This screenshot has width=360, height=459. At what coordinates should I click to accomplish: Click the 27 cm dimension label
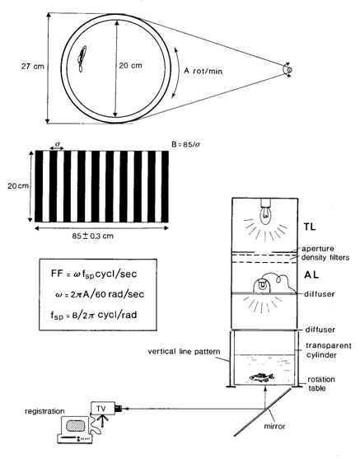(x=33, y=67)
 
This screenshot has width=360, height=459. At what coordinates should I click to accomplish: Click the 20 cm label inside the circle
(x=130, y=65)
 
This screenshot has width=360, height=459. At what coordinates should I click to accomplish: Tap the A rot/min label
(x=203, y=71)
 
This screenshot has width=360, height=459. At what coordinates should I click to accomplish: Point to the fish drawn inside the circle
(x=82, y=59)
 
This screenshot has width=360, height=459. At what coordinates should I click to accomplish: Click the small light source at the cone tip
(x=288, y=70)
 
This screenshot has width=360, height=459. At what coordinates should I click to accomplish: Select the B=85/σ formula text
(x=186, y=144)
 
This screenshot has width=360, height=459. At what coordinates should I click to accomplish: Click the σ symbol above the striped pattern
(x=57, y=144)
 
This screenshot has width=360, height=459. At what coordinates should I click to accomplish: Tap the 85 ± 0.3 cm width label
(x=93, y=236)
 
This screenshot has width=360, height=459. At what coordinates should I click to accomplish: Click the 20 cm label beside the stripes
(x=18, y=186)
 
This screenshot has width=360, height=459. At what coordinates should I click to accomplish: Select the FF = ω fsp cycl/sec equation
(x=94, y=274)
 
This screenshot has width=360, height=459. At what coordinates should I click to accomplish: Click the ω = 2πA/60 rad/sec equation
(x=100, y=294)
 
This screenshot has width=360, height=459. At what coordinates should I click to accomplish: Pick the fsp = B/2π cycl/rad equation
(x=93, y=315)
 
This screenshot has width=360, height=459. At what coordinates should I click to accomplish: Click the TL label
(x=310, y=227)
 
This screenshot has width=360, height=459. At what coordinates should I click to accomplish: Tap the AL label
(x=311, y=275)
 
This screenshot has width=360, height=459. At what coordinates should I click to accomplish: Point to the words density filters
(x=325, y=258)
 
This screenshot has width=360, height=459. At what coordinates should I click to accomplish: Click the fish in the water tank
(x=261, y=377)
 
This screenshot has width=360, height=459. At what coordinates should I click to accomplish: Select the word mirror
(x=274, y=426)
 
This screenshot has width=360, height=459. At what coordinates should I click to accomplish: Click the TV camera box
(x=102, y=409)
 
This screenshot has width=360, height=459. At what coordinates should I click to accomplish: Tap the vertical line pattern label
(x=184, y=351)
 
